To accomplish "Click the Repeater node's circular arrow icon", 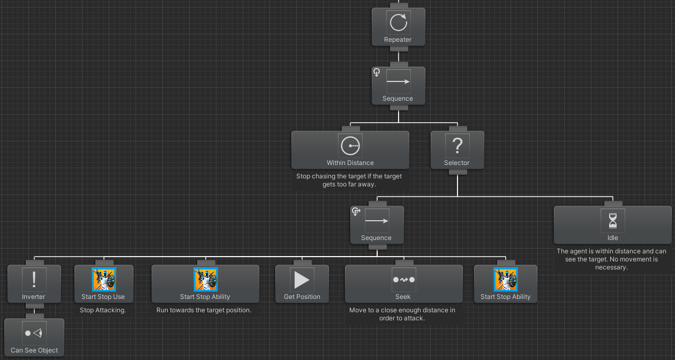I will [x=398, y=23].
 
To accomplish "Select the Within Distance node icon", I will [x=350, y=146].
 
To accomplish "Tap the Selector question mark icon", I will [x=457, y=146].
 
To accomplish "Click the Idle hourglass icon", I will [x=612, y=221].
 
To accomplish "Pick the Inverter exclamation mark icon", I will [x=34, y=280].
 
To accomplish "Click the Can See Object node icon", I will [x=34, y=333].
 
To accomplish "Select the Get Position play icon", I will [x=302, y=280].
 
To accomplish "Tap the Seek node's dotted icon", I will [x=403, y=280].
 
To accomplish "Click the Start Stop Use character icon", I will [x=103, y=280].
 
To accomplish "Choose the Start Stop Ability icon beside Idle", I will [x=505, y=280].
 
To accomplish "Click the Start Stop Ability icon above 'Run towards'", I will [x=205, y=280].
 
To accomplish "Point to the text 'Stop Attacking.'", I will [x=103, y=310].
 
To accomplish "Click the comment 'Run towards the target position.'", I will [x=204, y=310].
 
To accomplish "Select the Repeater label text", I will [x=398, y=40].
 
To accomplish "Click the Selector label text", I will [x=457, y=163].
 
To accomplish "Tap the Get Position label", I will [x=302, y=297].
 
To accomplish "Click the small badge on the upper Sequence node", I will [x=377, y=72].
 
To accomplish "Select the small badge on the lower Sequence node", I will [x=356, y=212].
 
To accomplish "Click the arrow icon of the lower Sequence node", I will [x=377, y=221].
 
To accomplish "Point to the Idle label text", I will [x=612, y=238].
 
